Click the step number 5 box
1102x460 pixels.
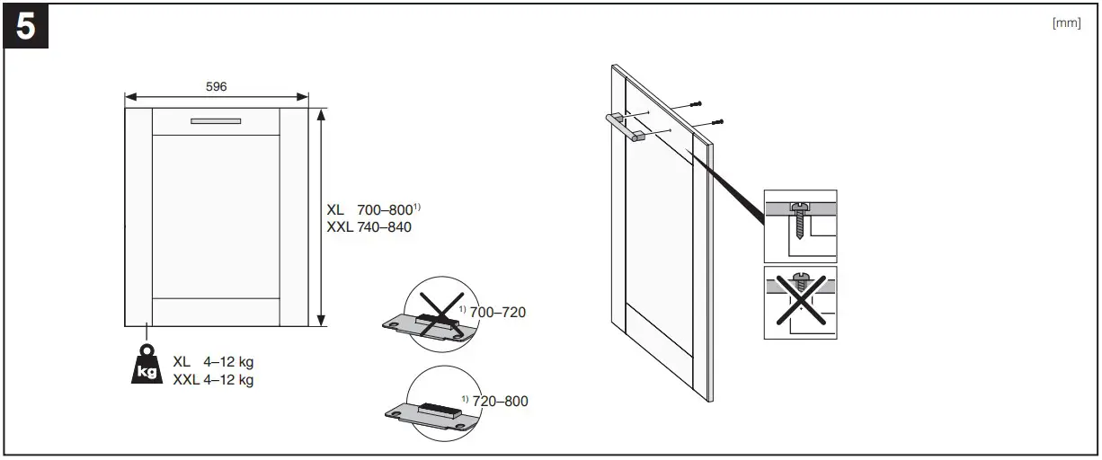tap(28, 28)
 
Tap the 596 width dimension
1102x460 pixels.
tap(216, 86)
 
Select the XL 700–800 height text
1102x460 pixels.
tap(373, 210)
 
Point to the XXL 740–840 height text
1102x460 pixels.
tap(369, 227)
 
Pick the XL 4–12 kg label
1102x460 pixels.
tap(213, 362)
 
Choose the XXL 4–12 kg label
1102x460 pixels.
tap(213, 380)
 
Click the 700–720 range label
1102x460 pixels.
tap(496, 313)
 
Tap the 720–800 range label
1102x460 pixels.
tap(498, 401)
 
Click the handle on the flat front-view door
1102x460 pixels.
tap(216, 120)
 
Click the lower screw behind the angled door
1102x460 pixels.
tap(716, 121)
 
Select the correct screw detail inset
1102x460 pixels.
tap(800, 226)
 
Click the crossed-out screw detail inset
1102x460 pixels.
tap(800, 303)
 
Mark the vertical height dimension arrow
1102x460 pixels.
tap(322, 216)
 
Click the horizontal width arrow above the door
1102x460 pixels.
tap(216, 97)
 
